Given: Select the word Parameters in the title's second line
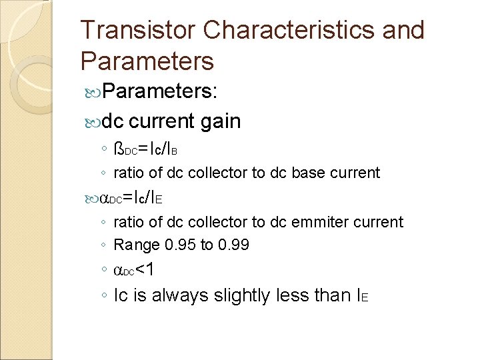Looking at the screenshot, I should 147,61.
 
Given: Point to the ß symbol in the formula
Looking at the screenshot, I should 119,147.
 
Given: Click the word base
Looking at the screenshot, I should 306,173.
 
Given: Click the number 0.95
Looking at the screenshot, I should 177,245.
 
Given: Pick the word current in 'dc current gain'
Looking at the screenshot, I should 161,121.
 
